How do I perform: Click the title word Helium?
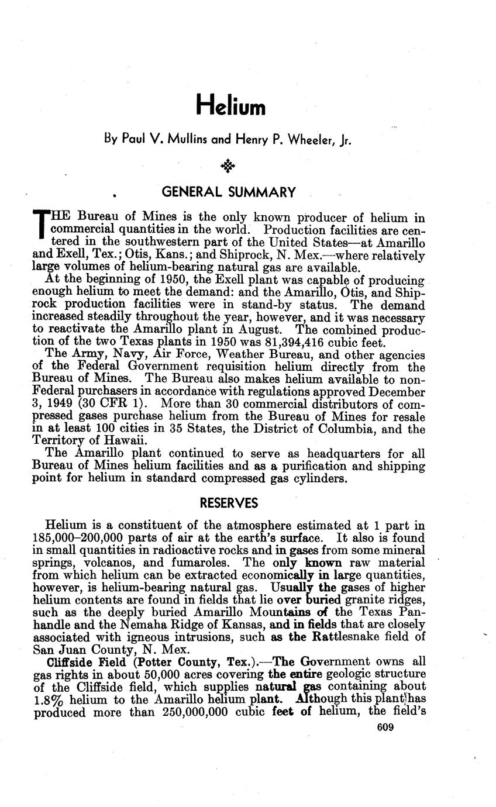pos(230,105)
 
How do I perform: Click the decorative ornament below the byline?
pos(228,167)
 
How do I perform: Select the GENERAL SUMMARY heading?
pos(228,192)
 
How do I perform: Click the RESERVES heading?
pos(228,503)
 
